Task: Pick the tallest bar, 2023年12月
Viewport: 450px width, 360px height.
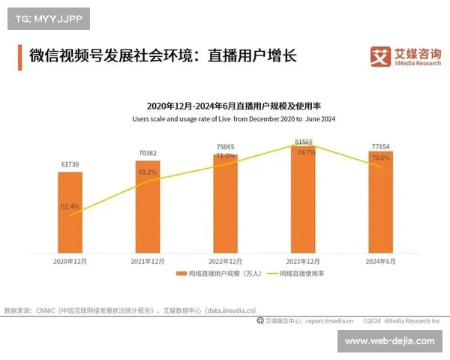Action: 303,199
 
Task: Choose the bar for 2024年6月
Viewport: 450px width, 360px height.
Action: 380,202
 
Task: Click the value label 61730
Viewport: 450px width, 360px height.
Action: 70,164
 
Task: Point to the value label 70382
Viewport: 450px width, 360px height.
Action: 148,153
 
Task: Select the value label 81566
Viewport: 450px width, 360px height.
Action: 304,141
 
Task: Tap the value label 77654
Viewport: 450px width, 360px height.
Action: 380,145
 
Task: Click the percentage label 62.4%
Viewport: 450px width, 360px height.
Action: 70,205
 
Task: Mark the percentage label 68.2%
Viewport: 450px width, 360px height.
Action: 148,172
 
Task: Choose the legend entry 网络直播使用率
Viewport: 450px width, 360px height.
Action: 298,274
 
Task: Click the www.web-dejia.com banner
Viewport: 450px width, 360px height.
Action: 389,341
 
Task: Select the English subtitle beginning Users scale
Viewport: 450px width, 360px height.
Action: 233,118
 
